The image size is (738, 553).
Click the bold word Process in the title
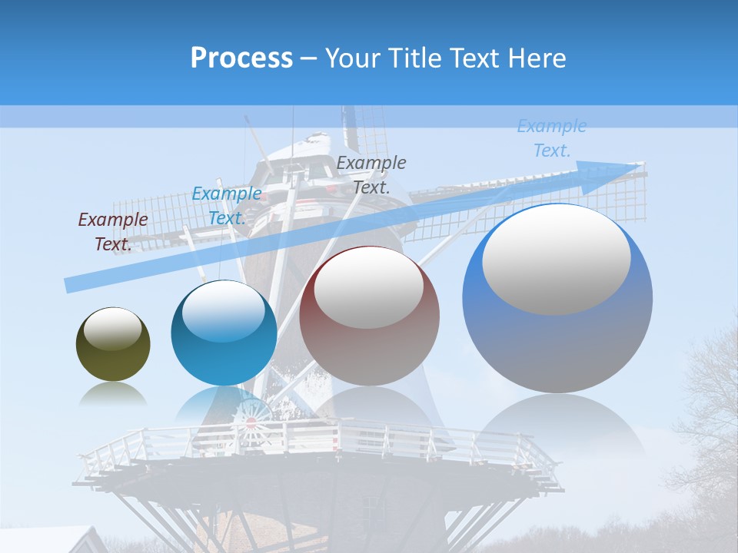[x=241, y=58]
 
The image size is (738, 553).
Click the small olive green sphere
[x=113, y=344]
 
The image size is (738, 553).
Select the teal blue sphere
[x=224, y=333]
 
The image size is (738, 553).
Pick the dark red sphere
[x=369, y=316]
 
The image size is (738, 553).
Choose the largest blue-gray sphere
[x=557, y=299]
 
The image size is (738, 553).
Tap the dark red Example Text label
[x=113, y=232]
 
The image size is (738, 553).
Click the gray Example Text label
[x=371, y=174]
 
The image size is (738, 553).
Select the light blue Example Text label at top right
[x=552, y=138]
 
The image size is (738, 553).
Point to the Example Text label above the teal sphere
[x=227, y=206]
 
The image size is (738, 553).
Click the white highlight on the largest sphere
[x=557, y=260]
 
